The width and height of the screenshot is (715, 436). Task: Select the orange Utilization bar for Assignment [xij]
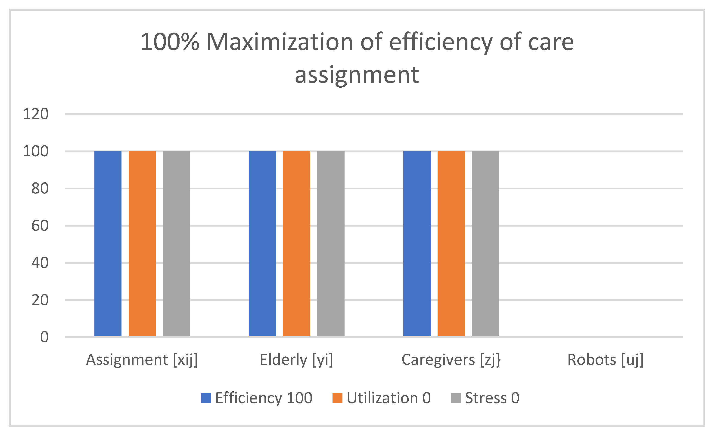coord(142,243)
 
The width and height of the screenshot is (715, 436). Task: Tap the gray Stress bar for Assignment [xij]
coord(176,243)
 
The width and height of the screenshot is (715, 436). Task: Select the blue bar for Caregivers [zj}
coord(417,243)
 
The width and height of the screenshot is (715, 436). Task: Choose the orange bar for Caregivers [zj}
coord(451,243)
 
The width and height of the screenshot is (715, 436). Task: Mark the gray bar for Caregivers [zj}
coord(485,243)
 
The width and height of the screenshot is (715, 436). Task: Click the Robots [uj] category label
coord(605,360)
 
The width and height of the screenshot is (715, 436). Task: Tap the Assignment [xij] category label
coord(142,360)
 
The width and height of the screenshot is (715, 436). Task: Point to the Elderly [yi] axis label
coord(296,360)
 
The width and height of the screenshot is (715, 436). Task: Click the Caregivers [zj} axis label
coord(451,360)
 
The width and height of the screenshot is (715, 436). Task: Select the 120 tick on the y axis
coord(35,114)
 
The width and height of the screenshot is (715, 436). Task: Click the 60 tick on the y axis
coord(40,226)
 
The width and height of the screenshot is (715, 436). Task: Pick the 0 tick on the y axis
coord(44,337)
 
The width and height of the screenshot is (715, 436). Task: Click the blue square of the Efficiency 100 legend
coord(206,398)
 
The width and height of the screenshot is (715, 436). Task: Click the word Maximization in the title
coord(280,42)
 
